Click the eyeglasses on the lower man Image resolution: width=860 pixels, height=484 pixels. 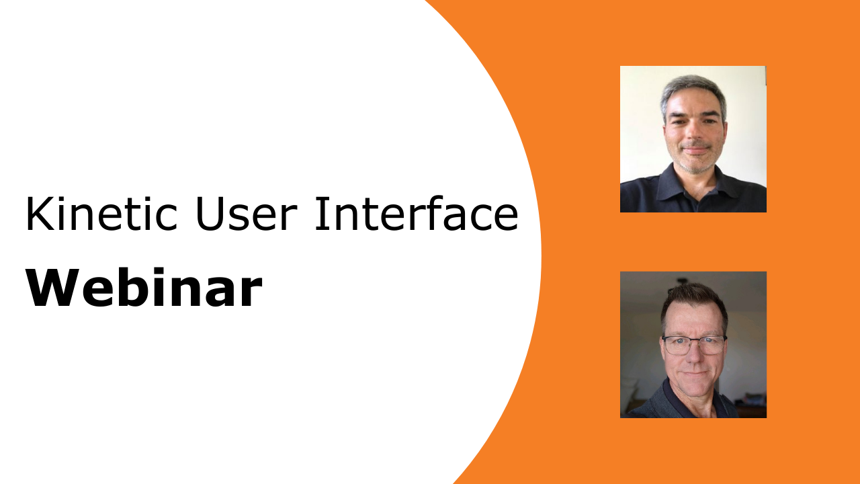pyautogui.click(x=693, y=346)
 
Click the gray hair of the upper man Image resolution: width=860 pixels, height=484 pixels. pyautogui.click(x=692, y=87)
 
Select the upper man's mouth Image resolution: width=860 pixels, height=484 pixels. pyautogui.click(x=695, y=150)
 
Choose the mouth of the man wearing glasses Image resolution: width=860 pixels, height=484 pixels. pyautogui.click(x=693, y=372)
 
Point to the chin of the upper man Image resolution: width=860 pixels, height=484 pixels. pyautogui.click(x=695, y=165)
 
